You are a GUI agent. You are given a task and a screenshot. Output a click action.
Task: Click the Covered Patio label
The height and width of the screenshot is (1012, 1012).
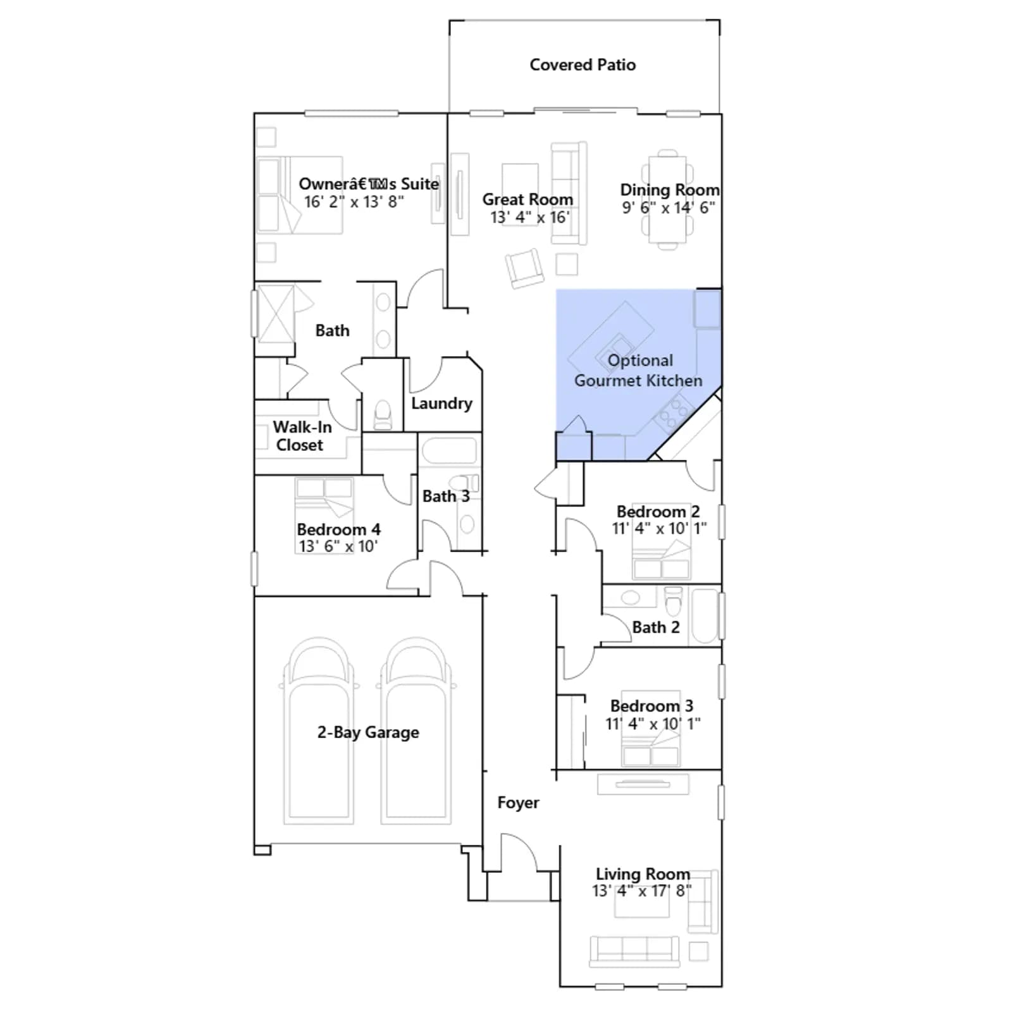(583, 65)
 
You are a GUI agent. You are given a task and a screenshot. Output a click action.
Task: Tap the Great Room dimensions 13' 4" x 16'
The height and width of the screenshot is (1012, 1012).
(529, 217)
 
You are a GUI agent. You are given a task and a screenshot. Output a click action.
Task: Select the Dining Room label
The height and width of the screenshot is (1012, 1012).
(670, 190)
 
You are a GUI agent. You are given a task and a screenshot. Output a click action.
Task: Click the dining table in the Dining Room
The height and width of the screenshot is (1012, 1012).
(667, 200)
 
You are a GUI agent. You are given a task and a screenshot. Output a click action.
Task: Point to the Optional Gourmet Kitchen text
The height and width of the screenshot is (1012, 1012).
(639, 370)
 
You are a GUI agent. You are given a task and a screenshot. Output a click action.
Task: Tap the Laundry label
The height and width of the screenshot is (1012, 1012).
(441, 404)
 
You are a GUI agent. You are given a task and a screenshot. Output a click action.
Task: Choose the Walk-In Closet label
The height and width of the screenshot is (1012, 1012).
(302, 436)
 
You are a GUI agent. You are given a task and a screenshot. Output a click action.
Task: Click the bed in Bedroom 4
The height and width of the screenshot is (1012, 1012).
(324, 515)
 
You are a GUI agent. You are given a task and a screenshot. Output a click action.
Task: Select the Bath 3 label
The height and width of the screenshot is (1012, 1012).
(446, 497)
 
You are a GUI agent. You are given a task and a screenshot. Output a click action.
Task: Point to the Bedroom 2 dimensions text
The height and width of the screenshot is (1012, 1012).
(659, 528)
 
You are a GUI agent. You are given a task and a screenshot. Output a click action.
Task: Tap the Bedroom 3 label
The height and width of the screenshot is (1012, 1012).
(651, 706)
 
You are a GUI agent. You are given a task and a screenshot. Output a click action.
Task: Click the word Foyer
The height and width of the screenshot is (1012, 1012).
(518, 803)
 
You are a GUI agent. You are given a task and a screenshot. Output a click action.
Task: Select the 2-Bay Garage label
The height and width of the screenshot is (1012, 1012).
(368, 732)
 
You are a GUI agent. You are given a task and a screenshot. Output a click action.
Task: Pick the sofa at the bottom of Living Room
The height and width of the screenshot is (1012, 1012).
(634, 951)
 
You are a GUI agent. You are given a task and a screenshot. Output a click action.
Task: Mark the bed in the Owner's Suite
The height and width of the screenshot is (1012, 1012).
(300, 195)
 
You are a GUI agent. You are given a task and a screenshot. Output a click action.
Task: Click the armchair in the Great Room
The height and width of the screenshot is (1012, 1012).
(524, 268)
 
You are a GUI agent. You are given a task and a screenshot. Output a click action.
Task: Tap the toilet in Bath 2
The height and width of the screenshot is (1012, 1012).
(674, 601)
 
